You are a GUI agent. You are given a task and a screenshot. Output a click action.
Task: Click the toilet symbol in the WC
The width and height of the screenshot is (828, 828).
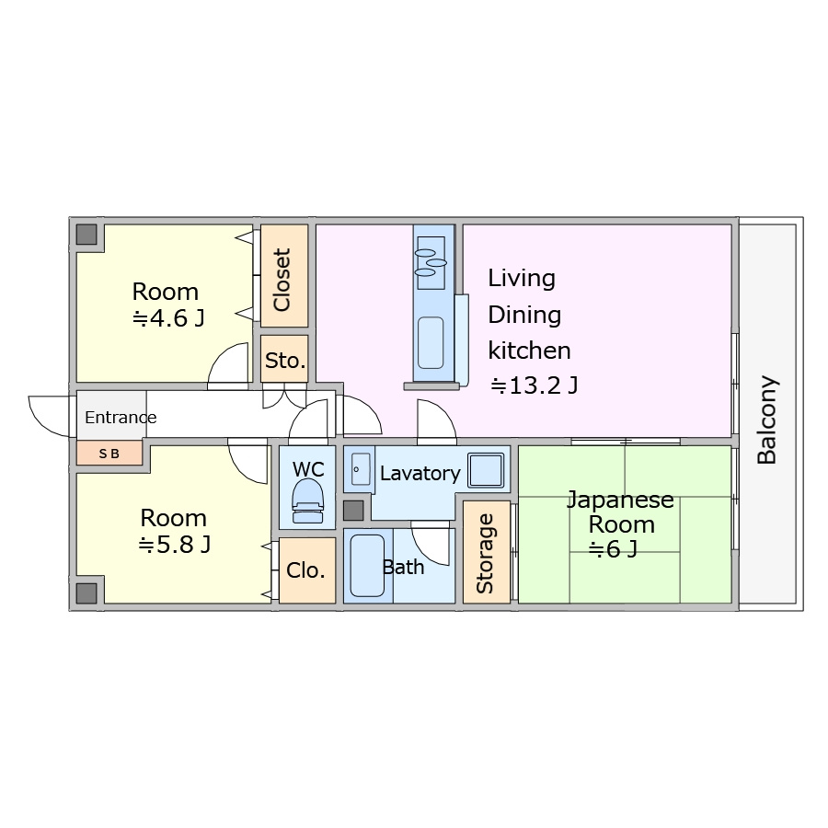pos(307,500)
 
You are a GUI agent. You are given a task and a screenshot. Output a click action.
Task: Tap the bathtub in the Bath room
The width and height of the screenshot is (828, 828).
pos(367,566)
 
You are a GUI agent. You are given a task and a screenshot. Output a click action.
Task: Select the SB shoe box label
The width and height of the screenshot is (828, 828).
pos(109,453)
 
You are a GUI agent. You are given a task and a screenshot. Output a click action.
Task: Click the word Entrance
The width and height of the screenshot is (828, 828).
pos(121,417)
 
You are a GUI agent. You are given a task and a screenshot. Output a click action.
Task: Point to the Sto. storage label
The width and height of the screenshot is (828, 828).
pos(285,361)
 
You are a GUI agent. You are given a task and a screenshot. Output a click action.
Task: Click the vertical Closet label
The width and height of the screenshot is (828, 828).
pos(282,280)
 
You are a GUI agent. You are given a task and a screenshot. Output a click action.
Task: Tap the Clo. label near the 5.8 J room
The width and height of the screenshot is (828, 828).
pos(305,570)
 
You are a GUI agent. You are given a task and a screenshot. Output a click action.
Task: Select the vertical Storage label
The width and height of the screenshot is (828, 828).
pos(485,553)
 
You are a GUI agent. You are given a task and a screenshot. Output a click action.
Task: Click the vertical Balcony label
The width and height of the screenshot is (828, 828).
pos(766,420)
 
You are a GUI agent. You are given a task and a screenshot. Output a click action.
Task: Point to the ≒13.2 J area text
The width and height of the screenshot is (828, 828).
pos(534,385)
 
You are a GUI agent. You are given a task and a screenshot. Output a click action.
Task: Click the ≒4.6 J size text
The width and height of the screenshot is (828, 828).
pos(168,318)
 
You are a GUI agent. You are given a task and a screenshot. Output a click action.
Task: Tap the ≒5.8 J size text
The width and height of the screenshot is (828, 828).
pos(174,545)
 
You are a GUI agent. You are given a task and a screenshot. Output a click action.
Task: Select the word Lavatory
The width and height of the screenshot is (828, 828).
pos(420,473)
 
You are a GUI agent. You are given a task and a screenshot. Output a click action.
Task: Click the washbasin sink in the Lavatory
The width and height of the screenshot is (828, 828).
pos(361,469)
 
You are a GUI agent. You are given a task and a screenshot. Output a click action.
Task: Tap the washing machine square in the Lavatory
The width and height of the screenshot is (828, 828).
pos(486,469)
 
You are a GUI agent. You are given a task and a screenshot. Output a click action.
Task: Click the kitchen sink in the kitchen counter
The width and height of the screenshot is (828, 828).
pos(431,342)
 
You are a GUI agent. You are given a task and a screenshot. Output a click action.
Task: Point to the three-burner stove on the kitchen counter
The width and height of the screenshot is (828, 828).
pos(431,263)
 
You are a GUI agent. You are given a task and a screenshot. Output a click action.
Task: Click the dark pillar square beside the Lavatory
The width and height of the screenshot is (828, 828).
pos(353,511)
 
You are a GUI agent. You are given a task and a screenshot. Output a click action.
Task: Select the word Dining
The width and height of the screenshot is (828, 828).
pos(524,316)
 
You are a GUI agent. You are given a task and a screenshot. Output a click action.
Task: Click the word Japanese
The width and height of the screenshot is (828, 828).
pos(620,500)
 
